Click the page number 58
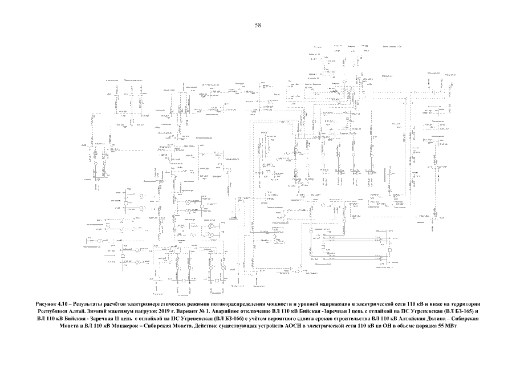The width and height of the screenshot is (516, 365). [258, 25]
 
